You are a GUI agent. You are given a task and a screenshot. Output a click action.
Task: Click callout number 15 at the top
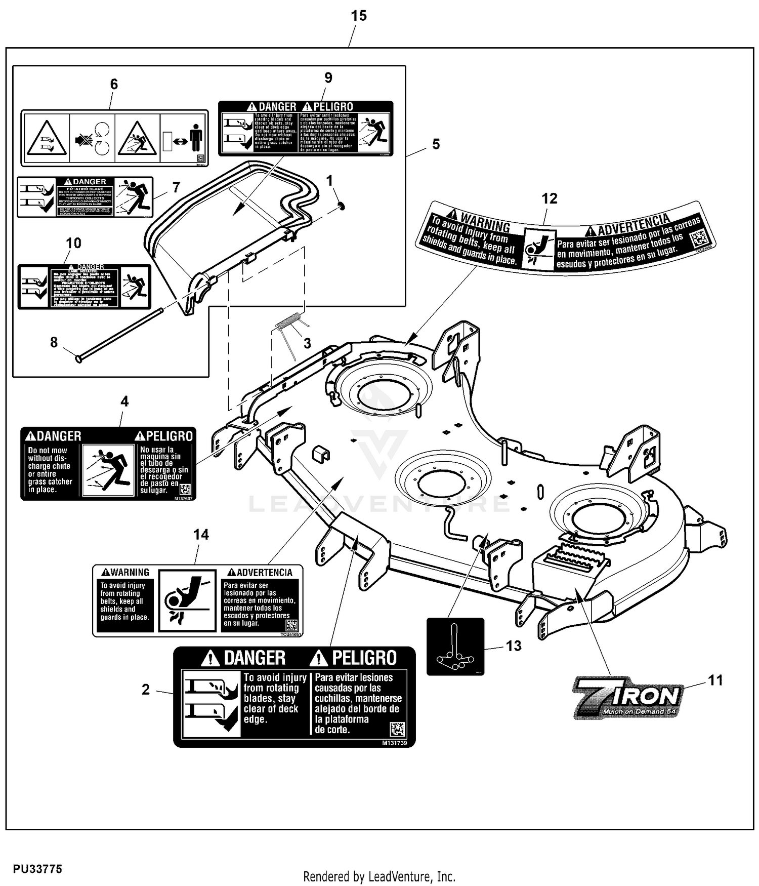(358, 16)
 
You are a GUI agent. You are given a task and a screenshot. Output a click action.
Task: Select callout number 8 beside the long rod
(54, 342)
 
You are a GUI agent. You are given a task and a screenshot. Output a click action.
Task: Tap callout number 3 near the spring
(307, 343)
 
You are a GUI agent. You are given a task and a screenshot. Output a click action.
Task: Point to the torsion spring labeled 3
(290, 324)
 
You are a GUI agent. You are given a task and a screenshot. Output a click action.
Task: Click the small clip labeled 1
(342, 206)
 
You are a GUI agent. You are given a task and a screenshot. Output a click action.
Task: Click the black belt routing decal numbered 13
(455, 647)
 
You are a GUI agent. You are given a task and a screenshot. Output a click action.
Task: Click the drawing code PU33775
(37, 869)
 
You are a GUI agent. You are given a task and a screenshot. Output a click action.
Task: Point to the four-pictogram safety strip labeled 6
(114, 138)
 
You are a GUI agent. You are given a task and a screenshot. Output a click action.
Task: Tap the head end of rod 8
(78, 358)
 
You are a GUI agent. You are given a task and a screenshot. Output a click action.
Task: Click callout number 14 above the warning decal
(201, 535)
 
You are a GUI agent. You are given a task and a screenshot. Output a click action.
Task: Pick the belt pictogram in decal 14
(187, 599)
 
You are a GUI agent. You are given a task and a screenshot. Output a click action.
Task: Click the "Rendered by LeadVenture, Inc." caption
(379, 876)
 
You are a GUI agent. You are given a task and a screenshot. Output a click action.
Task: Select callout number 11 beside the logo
(715, 680)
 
